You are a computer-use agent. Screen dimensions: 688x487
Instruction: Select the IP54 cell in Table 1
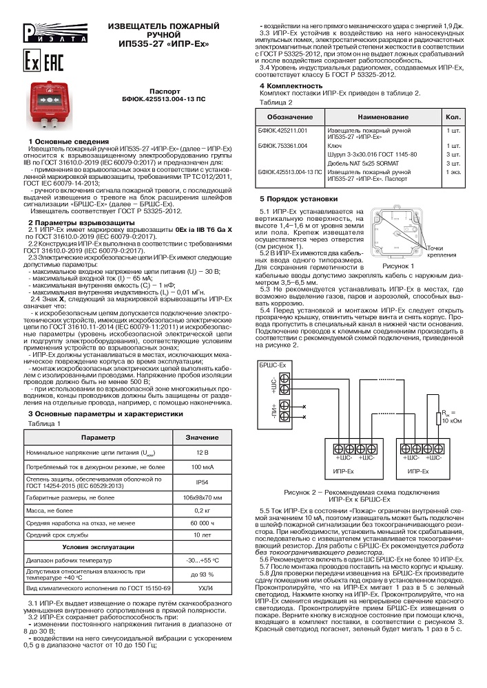pyautogui.click(x=202, y=482)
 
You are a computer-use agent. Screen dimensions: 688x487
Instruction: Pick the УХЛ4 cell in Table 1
pyautogui.click(x=202, y=589)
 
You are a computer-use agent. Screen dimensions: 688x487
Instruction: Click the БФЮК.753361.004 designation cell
pyautogui.click(x=283, y=146)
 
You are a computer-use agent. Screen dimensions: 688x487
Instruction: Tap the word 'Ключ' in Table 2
pyautogui.click(x=335, y=146)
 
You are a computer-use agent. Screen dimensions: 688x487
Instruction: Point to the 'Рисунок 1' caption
pyautogui.click(x=398, y=265)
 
